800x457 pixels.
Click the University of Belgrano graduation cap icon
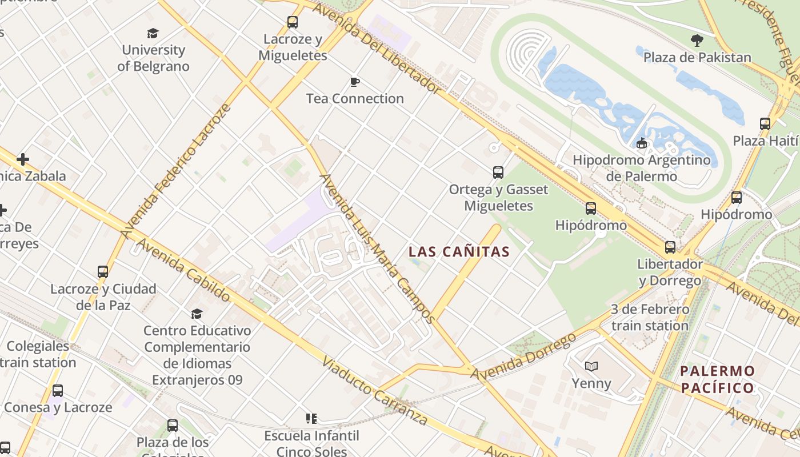[x=153, y=33]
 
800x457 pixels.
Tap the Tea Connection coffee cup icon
[x=354, y=82]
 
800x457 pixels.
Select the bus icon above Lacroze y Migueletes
[x=293, y=22]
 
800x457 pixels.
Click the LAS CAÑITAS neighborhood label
[x=459, y=251]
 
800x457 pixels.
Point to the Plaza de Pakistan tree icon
[x=697, y=41]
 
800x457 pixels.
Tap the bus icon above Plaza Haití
[x=765, y=123]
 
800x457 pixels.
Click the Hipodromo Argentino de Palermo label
[x=641, y=168]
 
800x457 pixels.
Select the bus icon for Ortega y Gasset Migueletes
[x=498, y=172]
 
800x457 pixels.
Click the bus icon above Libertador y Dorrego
[x=670, y=247]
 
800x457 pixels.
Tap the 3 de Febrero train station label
[x=650, y=318]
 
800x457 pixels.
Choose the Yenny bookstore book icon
[x=591, y=366]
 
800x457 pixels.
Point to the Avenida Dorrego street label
[x=523, y=356]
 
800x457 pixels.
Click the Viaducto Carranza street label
[x=374, y=391]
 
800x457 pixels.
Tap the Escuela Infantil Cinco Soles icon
[x=311, y=419]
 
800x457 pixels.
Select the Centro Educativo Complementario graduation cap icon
[x=197, y=314]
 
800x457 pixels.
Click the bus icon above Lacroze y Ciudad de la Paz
[x=103, y=272]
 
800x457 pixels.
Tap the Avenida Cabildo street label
[x=183, y=270]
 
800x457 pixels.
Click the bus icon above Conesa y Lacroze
[x=58, y=391]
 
